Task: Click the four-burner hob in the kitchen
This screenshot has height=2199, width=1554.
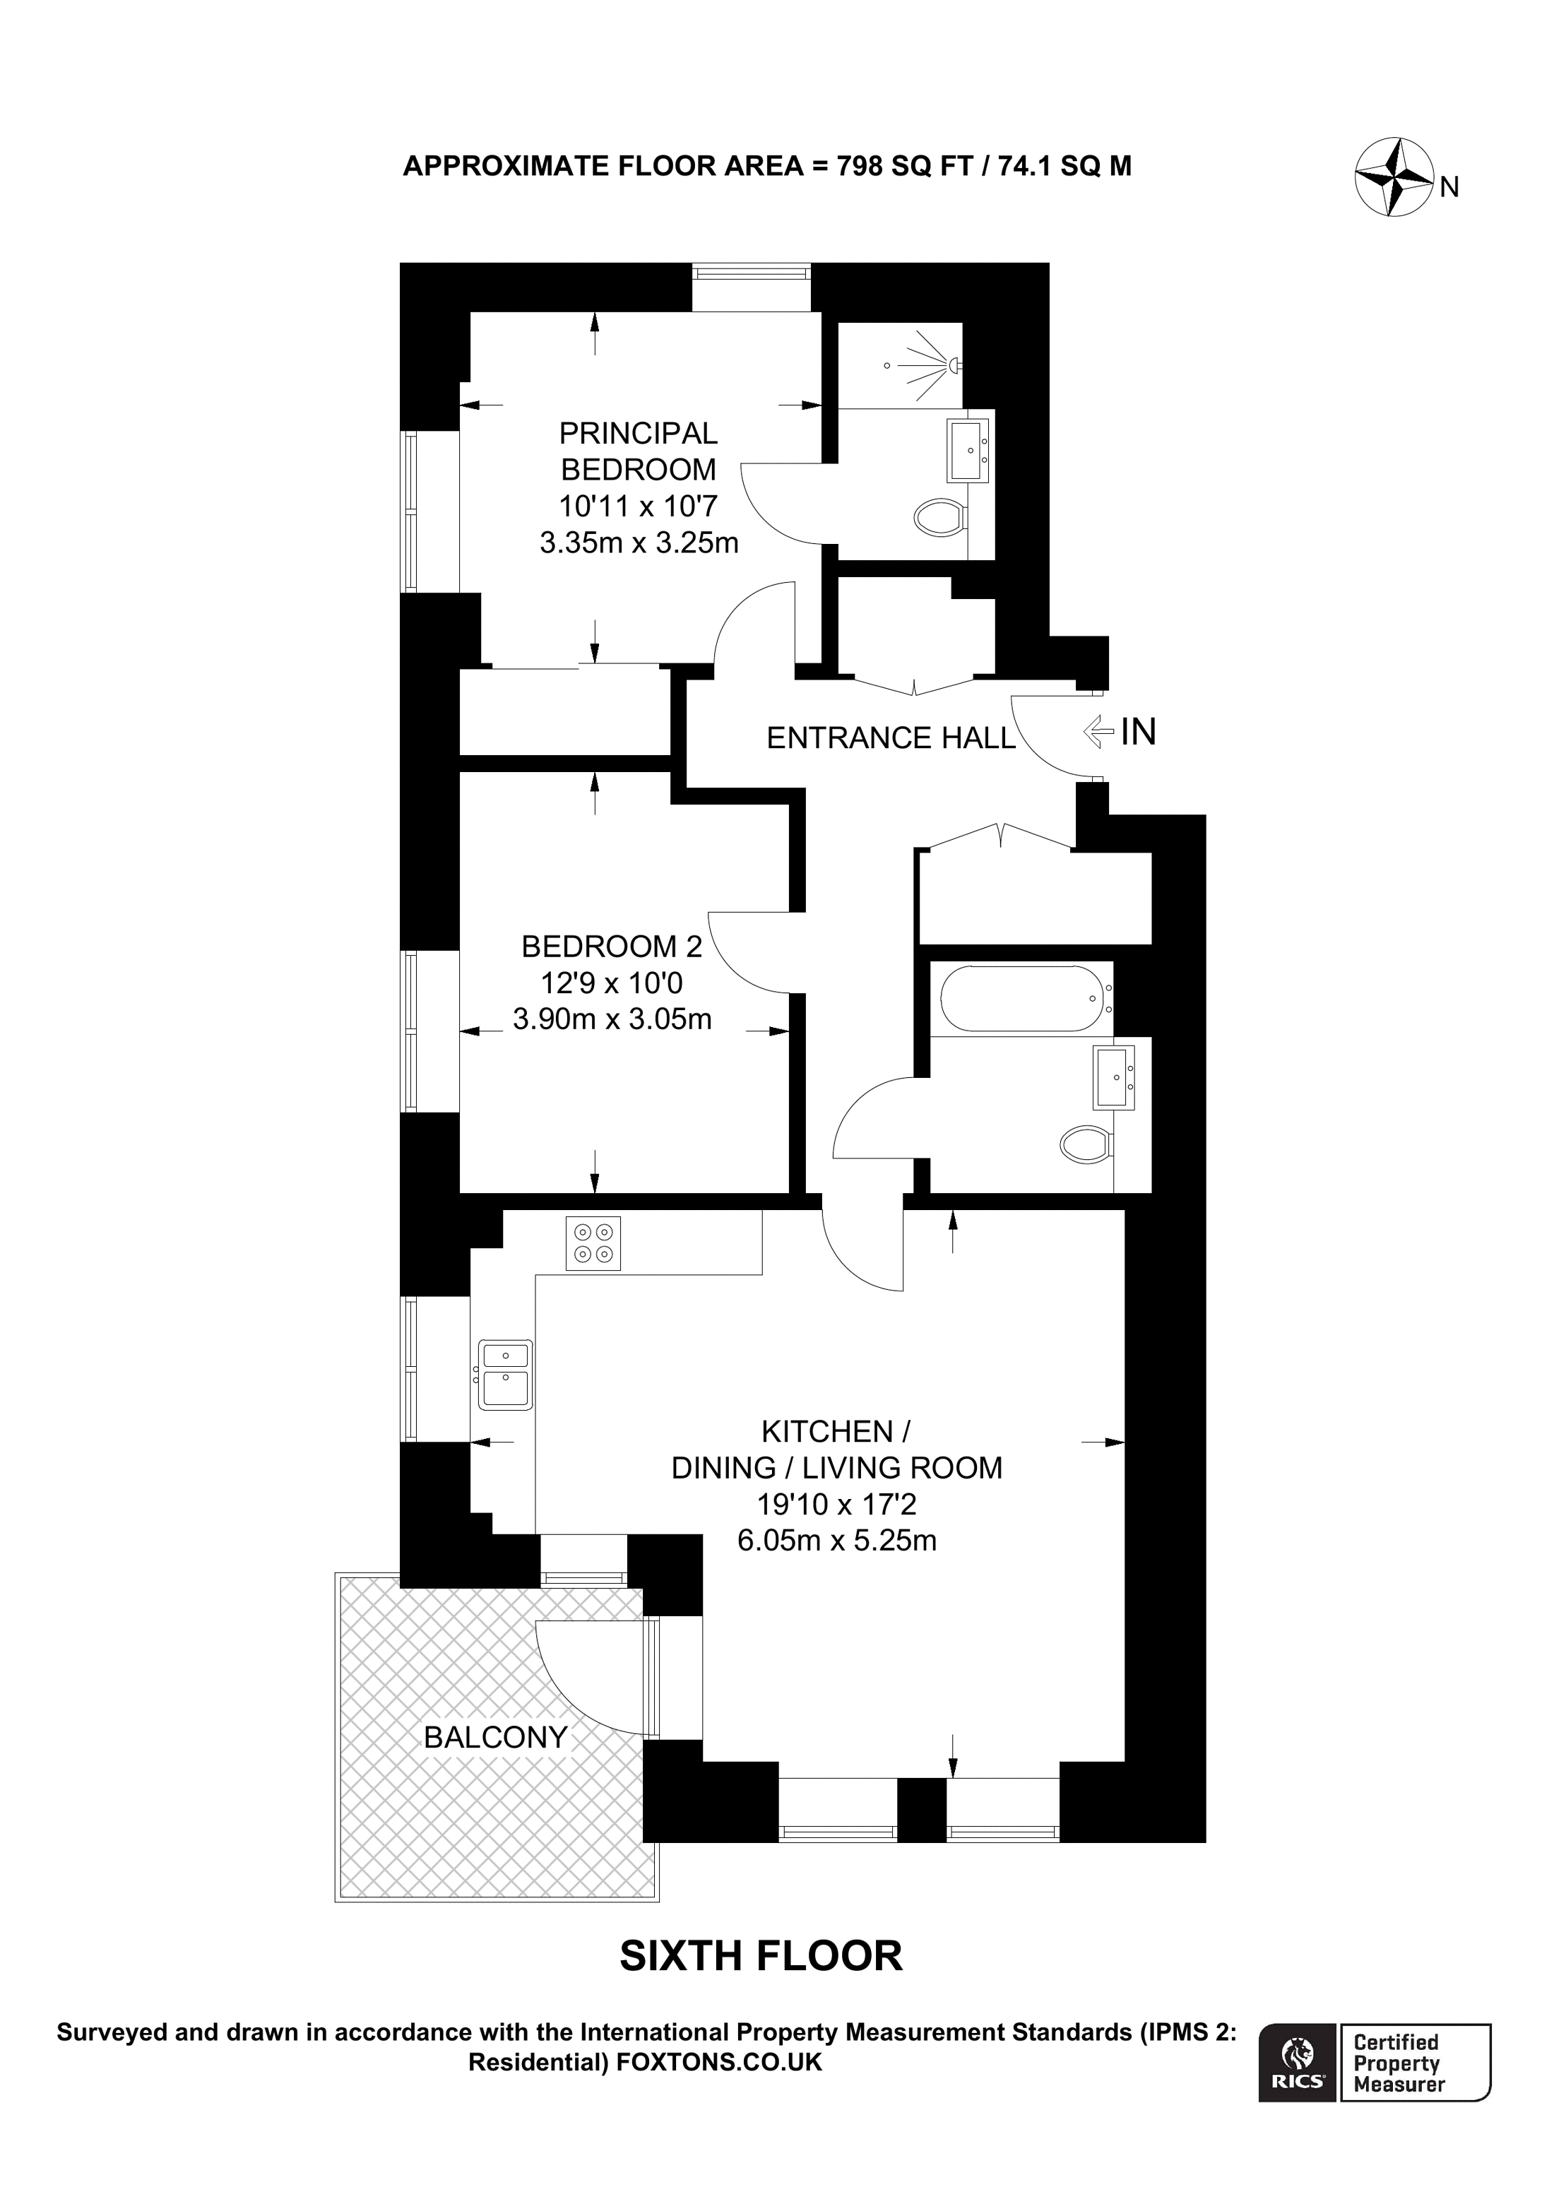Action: coord(593,1243)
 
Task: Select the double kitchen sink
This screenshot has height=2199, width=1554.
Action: coord(504,1375)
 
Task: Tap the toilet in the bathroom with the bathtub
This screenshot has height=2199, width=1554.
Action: coord(1086,1143)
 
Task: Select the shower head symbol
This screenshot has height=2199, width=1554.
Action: coord(953,364)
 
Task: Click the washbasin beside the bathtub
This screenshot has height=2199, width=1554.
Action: coord(1113,1077)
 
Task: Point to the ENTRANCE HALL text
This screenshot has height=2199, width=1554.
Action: coord(891,737)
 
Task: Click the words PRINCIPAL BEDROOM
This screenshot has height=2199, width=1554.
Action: coord(638,451)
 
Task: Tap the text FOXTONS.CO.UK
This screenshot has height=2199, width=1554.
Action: coord(719,2062)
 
